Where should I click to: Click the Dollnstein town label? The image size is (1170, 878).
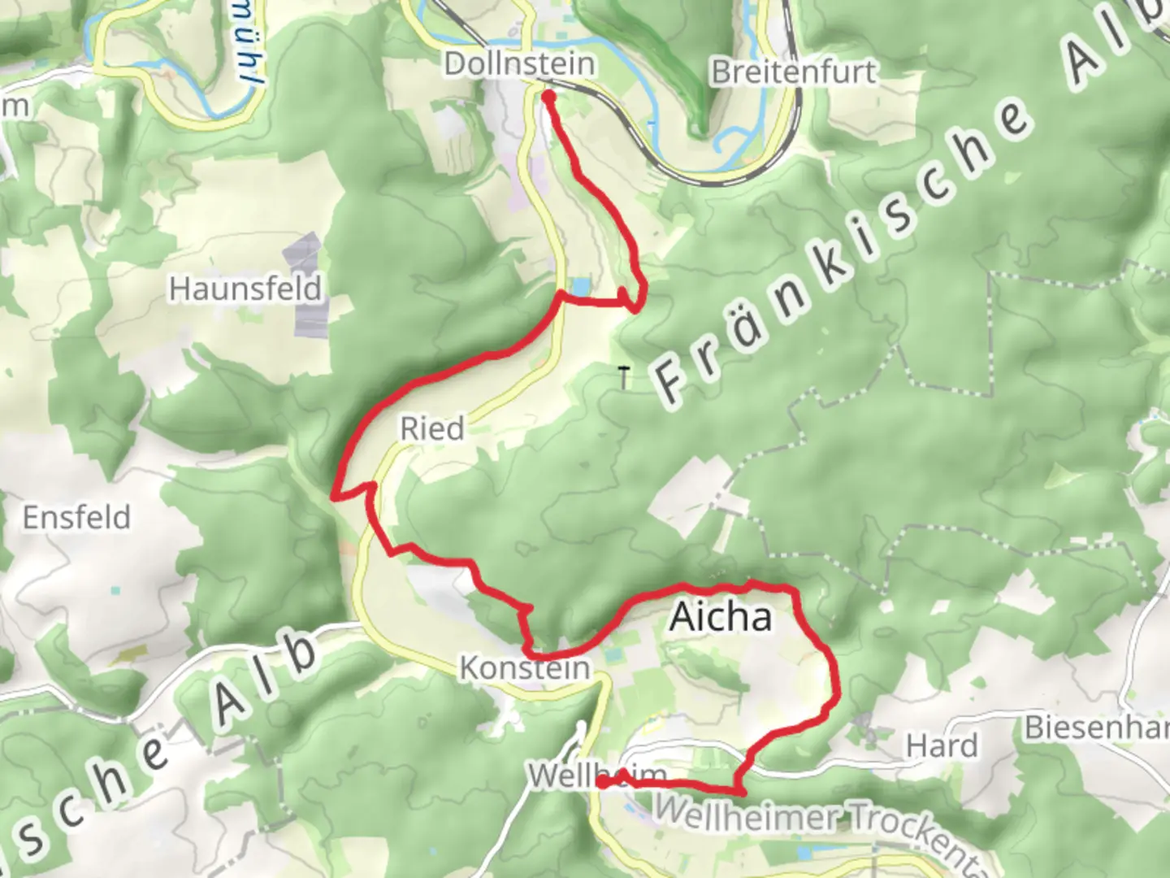point(518,64)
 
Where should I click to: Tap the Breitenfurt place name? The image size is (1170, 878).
point(794,72)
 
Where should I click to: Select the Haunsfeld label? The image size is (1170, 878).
point(245,289)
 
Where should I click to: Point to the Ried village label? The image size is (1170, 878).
point(431,428)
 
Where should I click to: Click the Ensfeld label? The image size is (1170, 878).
point(76,518)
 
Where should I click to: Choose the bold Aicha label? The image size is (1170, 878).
point(720,617)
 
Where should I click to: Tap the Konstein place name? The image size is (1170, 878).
point(525,668)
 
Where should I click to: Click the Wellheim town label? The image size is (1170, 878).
point(597,775)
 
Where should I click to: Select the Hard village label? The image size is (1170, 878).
point(942,745)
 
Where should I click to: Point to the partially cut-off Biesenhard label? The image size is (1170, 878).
point(1097,728)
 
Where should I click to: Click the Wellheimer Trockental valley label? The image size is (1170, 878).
point(821,829)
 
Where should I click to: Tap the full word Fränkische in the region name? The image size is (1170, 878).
point(845,252)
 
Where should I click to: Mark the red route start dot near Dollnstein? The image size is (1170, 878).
point(548,98)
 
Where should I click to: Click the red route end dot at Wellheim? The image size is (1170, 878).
point(602,783)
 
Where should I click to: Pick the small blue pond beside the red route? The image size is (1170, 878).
point(580,287)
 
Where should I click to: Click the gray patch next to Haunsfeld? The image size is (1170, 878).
point(308,285)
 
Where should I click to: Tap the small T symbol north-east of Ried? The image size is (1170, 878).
point(624,377)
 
